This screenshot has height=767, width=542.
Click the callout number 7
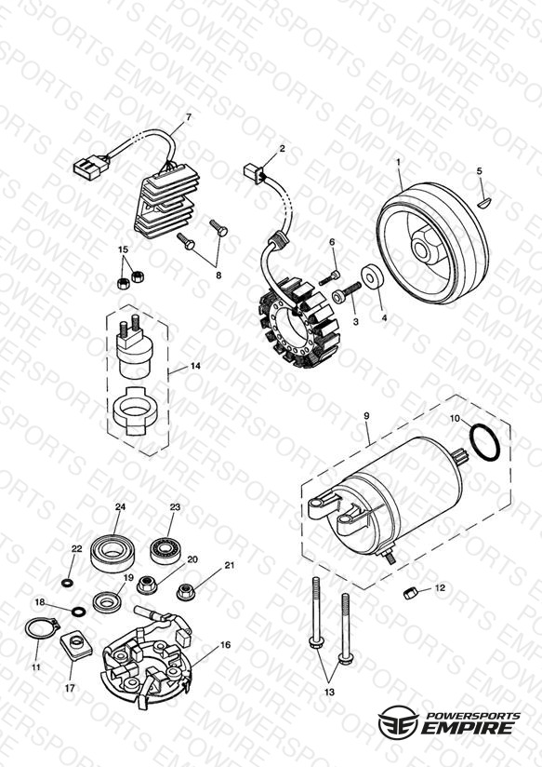tap(189, 117)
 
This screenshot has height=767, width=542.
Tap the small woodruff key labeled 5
tap(483, 201)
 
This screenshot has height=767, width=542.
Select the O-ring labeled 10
tap(484, 442)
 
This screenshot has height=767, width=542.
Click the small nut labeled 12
tap(410, 593)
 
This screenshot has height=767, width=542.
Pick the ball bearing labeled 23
tap(165, 550)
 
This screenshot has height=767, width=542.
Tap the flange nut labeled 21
tap(185, 592)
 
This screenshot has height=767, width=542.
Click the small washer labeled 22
tap(66, 583)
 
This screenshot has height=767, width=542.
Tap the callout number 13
tap(329, 693)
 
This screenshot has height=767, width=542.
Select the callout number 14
tap(195, 366)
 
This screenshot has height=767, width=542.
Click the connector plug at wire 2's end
tap(253, 172)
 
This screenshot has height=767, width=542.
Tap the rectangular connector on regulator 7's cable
tap(91, 168)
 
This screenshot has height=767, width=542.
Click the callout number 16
tap(225, 645)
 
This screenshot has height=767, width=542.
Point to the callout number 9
tap(366, 416)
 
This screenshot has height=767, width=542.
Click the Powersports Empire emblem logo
tap(398, 722)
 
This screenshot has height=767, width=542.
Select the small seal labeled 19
tap(107, 601)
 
